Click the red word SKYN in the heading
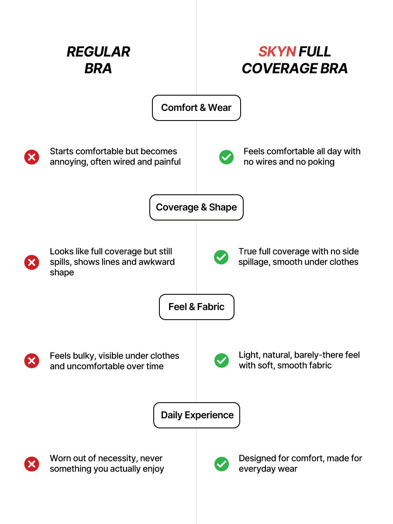tap(277, 52)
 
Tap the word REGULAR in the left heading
tap(98, 52)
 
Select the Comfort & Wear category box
tap(196, 108)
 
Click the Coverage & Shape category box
tap(196, 207)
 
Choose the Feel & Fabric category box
tap(196, 307)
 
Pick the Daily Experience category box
tap(196, 415)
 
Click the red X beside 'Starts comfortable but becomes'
tap(32, 157)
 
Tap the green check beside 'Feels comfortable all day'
tap(227, 157)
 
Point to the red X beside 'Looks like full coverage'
tap(32, 262)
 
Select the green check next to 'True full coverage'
tap(221, 257)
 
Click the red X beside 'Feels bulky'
tap(32, 361)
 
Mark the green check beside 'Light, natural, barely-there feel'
tap(222, 361)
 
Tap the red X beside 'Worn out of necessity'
tap(32, 464)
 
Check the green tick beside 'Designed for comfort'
tap(222, 464)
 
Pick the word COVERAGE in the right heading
tap(279, 69)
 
